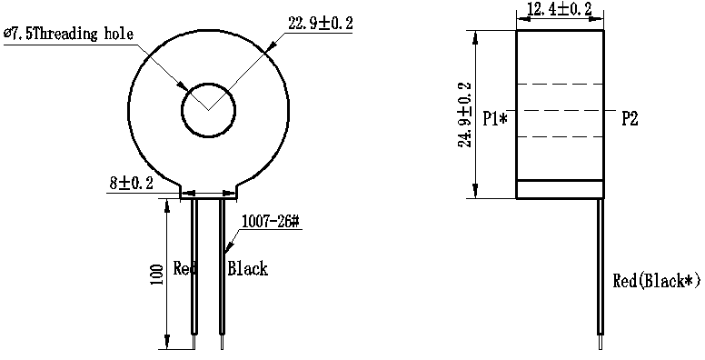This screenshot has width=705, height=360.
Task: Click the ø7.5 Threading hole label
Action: tap(68, 35)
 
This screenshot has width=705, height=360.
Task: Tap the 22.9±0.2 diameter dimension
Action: tap(321, 23)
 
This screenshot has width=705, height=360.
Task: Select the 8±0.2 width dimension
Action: tap(132, 183)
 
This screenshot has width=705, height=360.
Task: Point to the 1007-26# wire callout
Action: tap(271, 222)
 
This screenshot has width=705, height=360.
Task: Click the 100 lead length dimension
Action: tap(156, 275)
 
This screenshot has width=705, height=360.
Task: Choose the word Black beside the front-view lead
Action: tap(247, 269)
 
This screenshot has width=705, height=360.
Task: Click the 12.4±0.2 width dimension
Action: tap(560, 9)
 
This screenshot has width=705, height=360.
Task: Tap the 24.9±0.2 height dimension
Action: tap(465, 115)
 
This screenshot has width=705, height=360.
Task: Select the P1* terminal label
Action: tap(495, 119)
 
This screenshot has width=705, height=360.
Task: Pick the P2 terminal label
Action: tap(630, 119)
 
